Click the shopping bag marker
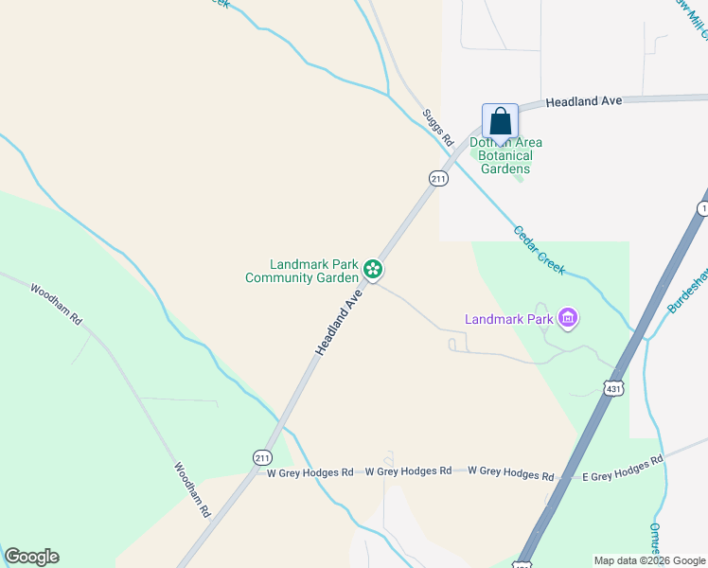pyautogui.click(x=500, y=122)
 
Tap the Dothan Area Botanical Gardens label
pyautogui.click(x=501, y=155)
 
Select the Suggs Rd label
pyautogui.click(x=438, y=126)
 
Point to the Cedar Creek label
pyautogui.click(x=540, y=250)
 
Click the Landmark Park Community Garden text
pyautogui.click(x=302, y=271)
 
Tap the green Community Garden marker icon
pyautogui.click(x=373, y=271)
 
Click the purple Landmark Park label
pyautogui.click(x=508, y=319)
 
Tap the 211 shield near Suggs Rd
pyautogui.click(x=437, y=178)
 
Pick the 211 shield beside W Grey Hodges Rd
pyautogui.click(x=262, y=457)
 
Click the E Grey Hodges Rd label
pyautogui.click(x=622, y=468)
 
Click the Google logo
pyautogui.click(x=31, y=557)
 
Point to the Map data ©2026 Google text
pyautogui.click(x=649, y=560)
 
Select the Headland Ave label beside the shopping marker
pyautogui.click(x=584, y=100)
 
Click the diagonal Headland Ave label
pyautogui.click(x=339, y=323)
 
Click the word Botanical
pyautogui.click(x=506, y=155)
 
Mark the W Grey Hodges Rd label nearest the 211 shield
pyautogui.click(x=310, y=471)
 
